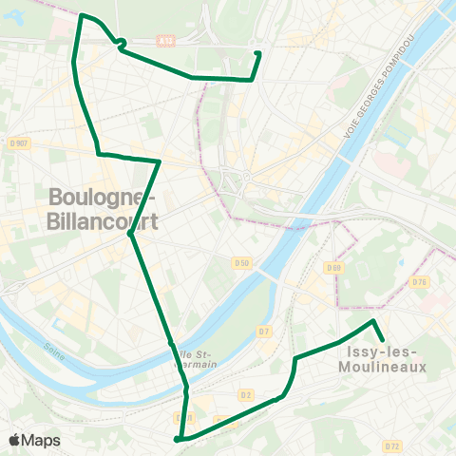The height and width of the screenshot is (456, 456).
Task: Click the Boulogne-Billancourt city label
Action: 100,209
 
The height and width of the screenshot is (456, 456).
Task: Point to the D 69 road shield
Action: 333,268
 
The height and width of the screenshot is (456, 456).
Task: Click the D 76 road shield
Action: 421,283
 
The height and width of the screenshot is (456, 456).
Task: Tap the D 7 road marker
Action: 264,331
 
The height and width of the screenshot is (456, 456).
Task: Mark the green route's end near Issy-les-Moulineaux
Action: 382,340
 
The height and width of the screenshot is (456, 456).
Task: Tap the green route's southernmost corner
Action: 177,439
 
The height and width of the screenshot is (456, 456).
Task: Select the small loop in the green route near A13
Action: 122,42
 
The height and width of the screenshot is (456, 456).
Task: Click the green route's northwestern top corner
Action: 82,15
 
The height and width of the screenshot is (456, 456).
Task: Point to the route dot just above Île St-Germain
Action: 170,342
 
